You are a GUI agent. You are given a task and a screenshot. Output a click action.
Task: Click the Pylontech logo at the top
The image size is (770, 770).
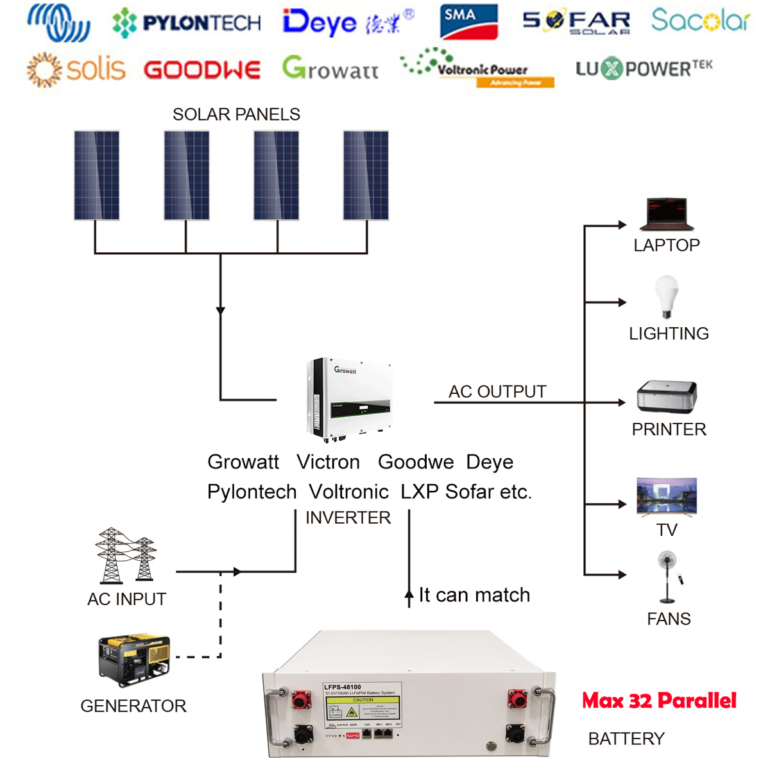tap(187, 24)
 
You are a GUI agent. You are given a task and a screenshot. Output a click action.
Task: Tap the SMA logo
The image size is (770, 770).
tap(468, 22)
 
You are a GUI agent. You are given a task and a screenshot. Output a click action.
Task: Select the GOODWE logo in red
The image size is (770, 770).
tap(202, 70)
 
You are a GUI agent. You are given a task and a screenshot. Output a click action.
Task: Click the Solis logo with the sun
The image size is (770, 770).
tap(76, 69)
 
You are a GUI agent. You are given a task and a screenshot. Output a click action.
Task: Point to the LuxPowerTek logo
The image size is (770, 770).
tap(644, 68)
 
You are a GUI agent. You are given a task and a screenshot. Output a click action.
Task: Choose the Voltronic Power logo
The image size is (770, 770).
tap(478, 67)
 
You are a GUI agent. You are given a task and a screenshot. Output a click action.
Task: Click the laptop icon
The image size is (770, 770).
tap(667, 214)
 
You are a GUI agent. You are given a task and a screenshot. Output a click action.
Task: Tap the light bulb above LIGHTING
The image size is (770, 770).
tap(666, 296)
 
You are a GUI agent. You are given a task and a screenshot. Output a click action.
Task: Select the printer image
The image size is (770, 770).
tap(667, 397)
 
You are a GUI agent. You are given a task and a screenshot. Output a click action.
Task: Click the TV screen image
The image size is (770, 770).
tap(667, 496)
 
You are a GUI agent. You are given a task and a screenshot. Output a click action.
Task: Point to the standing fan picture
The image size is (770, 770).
tap(668, 577)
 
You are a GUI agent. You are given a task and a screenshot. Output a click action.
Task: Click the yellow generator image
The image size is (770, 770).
tap(133, 660)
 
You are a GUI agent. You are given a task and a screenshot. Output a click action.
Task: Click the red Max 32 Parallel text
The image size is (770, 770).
tap(659, 701)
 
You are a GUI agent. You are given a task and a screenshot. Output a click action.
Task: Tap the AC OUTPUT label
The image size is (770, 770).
tap(497, 391)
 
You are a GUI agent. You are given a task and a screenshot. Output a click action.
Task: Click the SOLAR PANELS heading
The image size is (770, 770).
tap(236, 114)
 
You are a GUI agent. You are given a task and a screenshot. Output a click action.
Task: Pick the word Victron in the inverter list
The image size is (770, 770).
tap(328, 462)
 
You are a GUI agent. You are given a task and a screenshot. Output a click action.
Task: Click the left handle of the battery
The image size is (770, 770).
tap(277, 717)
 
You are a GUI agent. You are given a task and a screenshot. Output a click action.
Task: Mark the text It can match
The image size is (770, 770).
tap(474, 595)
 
